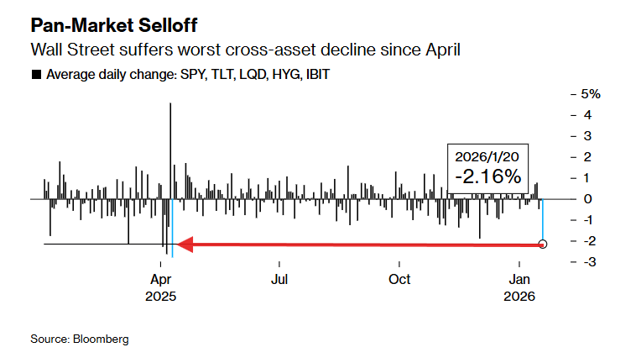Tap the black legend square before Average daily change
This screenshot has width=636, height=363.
tap(35, 75)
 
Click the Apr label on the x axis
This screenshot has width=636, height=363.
tap(160, 279)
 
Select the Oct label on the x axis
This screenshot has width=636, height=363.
tap(399, 279)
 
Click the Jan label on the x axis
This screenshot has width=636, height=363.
tap(521, 279)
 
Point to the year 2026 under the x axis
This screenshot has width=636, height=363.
tap(520, 296)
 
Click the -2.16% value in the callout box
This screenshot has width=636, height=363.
tap(488, 177)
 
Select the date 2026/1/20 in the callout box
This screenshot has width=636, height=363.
tap(488, 157)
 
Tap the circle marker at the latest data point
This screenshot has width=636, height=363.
tap(543, 245)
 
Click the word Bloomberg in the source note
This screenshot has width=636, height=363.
tap(101, 339)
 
